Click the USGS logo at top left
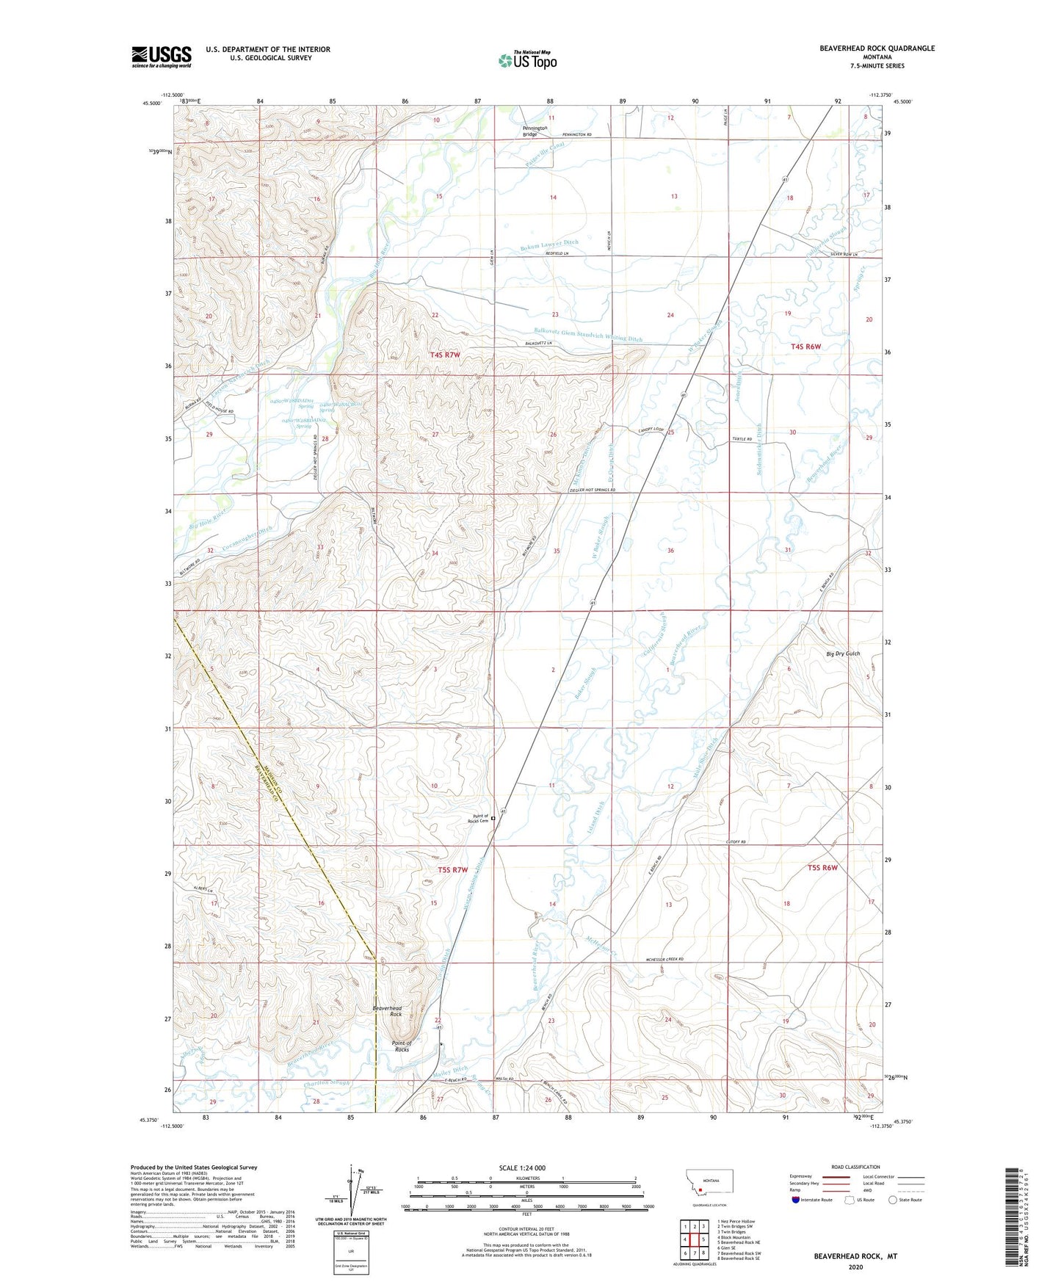tap(162, 57)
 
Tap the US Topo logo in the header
tap(527, 60)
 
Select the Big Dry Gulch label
tap(842, 653)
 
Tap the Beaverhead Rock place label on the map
tap(387, 1012)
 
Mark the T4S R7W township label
tap(444, 355)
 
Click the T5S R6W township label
tap(822, 867)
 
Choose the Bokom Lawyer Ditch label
tap(546, 243)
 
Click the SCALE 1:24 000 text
tap(522, 1167)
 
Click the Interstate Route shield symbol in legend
tap(797, 1200)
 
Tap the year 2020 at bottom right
tap(855, 1267)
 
